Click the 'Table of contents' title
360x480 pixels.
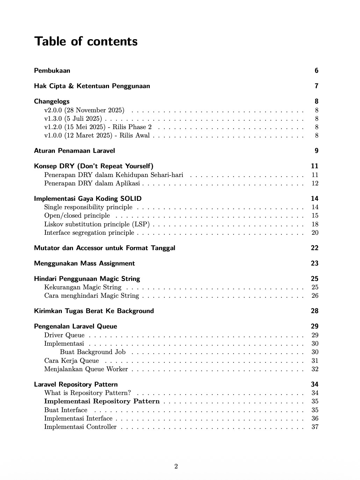(86, 41)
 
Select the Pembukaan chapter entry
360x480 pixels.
(52, 71)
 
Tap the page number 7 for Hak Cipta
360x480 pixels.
(316, 86)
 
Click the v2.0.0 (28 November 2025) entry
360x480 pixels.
(84, 110)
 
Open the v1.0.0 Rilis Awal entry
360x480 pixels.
(97, 135)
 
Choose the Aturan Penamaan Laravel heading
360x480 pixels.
(74, 151)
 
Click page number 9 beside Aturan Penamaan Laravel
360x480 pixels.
(316, 151)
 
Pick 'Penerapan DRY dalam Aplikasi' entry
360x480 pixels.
(92, 183)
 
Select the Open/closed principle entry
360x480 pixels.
(77, 216)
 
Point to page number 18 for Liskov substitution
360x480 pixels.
(315, 224)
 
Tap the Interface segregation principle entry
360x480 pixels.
(89, 233)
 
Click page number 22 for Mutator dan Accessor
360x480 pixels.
(315, 248)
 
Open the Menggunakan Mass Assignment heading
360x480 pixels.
(84, 263)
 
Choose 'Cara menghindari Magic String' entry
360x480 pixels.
(92, 296)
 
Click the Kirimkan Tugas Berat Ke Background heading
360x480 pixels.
(94, 311)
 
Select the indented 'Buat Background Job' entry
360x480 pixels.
(93, 352)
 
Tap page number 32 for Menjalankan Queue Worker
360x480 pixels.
(315, 369)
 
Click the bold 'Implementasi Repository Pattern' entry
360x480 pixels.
(102, 401)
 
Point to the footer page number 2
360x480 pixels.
(176, 466)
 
